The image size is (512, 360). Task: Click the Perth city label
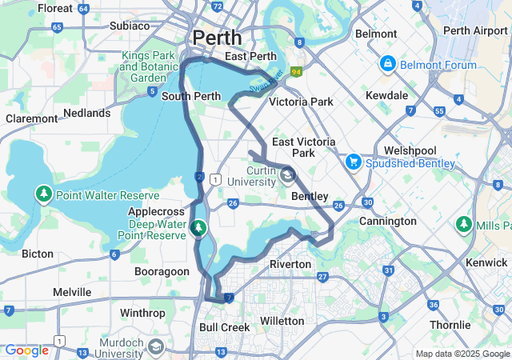[x=217, y=37]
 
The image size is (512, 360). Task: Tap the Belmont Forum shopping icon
[x=387, y=62]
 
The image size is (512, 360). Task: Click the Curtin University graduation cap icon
[x=286, y=175]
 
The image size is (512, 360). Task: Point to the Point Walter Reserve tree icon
[x=42, y=194]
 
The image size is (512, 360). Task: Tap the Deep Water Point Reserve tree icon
[x=198, y=230]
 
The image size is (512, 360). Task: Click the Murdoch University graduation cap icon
[x=155, y=346]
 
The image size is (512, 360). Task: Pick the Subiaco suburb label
[x=130, y=26]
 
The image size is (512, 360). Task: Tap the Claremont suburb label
[x=31, y=118]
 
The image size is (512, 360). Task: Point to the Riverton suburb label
[x=290, y=263]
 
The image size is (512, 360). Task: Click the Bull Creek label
[x=224, y=327]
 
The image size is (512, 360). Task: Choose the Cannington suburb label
[x=387, y=221]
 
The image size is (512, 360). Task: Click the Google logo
[x=26, y=350]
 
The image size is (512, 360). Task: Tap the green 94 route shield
[x=297, y=72]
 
